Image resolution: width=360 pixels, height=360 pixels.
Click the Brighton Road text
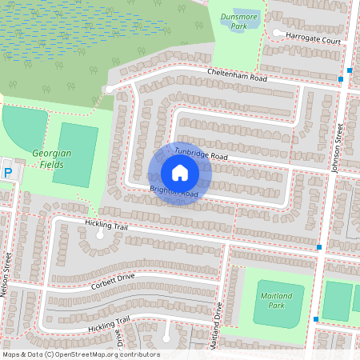[x=174, y=192]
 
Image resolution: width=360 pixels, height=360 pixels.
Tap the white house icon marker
[x=179, y=173]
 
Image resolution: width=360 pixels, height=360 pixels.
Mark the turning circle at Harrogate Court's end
[x=276, y=34]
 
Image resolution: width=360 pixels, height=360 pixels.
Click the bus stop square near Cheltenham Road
[x=341, y=79]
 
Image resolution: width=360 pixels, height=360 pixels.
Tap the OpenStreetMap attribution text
[x=81, y=354]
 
